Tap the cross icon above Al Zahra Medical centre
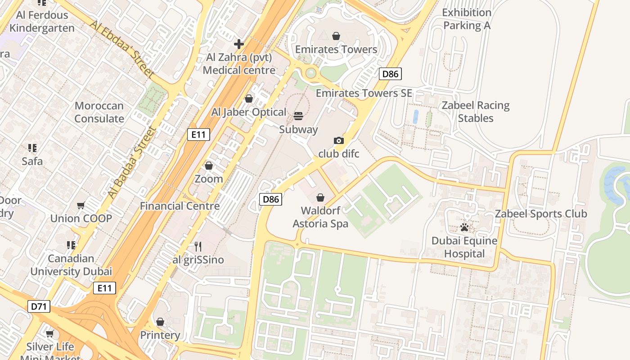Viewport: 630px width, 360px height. [239, 44]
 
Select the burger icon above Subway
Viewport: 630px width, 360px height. [298, 116]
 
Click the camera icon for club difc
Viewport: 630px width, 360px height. [339, 140]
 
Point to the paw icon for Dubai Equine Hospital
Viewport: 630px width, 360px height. [464, 227]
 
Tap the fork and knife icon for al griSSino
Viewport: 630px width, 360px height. [198, 246]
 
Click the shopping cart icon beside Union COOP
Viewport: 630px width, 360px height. [81, 205]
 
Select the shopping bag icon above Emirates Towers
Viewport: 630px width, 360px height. [336, 36]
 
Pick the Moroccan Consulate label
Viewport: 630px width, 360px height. [99, 112]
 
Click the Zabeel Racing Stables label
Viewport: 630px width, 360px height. [476, 112]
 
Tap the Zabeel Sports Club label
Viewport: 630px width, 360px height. [541, 214]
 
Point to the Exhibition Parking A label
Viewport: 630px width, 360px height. [467, 19]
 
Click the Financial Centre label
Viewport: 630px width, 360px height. [180, 206]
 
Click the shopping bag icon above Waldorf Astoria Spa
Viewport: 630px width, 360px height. [320, 197]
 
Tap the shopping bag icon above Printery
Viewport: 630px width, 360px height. [160, 322]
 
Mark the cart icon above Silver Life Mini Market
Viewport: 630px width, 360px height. [50, 333]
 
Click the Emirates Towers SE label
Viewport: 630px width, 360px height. [364, 93]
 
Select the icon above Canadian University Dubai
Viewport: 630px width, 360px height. [71, 245]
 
